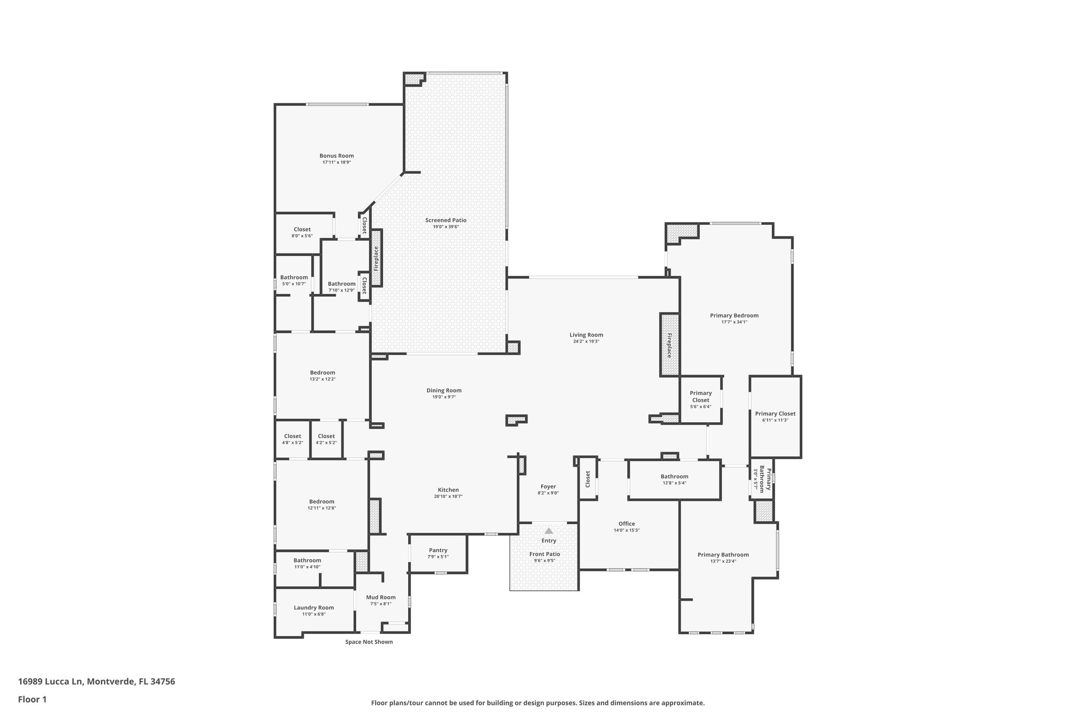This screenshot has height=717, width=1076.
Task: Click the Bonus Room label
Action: tap(336, 155)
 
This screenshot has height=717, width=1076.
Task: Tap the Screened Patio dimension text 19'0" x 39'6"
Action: tap(446, 227)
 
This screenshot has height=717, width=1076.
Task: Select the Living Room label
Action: tap(586, 335)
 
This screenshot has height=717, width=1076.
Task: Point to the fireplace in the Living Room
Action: tap(669, 345)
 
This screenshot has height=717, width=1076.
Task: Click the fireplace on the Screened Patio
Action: tap(376, 258)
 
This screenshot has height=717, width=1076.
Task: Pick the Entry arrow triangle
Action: tap(549, 531)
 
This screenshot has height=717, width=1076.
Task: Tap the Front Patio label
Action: tap(544, 554)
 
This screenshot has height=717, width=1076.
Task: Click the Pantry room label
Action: tap(438, 550)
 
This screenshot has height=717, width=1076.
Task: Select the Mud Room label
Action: tap(380, 597)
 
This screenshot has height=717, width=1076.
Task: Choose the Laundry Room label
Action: tap(314, 608)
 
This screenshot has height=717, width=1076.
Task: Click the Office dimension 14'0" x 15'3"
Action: tap(626, 531)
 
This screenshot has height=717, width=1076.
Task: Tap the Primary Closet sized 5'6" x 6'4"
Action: tap(700, 397)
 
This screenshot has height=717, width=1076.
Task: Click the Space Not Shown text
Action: tap(369, 642)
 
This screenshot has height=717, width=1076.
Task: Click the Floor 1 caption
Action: tap(32, 700)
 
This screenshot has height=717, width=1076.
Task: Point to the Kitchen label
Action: tap(448, 490)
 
